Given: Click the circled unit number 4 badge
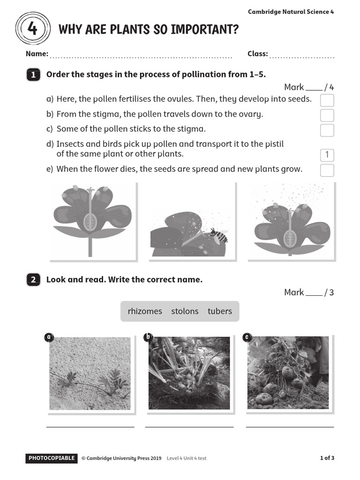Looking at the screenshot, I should click(x=32, y=29).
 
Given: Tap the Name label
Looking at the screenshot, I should click(x=37, y=54).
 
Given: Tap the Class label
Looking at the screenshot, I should click(x=257, y=54).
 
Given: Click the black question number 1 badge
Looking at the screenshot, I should click(x=33, y=75).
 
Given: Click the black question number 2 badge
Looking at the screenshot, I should click(x=33, y=280).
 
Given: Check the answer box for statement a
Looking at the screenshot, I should click(x=327, y=100).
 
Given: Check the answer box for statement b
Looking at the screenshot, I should click(x=327, y=115).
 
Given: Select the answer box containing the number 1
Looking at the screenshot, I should click(x=327, y=155).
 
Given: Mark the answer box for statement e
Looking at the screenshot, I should click(x=327, y=170).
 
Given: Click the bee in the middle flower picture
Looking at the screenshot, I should click(x=219, y=235).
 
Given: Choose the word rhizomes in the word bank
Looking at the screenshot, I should click(x=145, y=311).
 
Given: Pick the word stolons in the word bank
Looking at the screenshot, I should click(x=185, y=311).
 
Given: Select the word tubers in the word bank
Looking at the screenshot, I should click(x=220, y=311).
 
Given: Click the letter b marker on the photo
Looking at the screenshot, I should click(x=148, y=337).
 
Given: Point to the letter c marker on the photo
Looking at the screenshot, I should click(x=247, y=337).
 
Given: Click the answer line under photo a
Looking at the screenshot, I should click(x=90, y=427).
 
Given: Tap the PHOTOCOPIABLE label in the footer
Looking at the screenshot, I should click(x=52, y=458).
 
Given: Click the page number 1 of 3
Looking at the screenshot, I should click(x=327, y=458).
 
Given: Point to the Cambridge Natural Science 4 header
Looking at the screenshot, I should click(x=291, y=12).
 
